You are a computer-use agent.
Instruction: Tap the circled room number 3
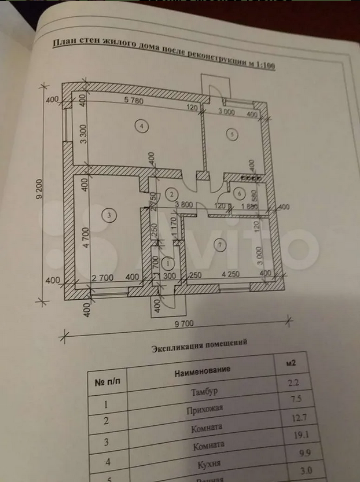pyautogui.click(x=109, y=215)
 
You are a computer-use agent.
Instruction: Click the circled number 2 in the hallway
pyautogui.click(x=171, y=193)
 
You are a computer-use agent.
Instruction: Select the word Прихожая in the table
pyautogui.click(x=205, y=410)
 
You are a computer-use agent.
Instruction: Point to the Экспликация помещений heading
pyautogui.click(x=199, y=345)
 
